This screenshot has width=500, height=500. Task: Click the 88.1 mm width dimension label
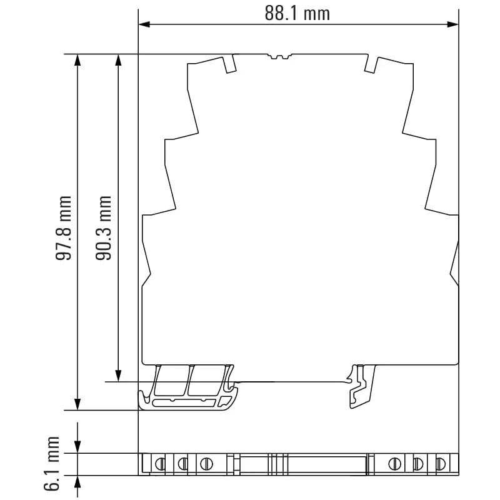[297, 13]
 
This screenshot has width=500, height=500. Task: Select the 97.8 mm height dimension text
[62, 227]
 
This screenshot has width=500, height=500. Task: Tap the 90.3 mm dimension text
[104, 227]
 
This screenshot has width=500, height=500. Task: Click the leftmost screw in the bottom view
[159, 464]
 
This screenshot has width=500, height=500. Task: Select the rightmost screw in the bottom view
[441, 464]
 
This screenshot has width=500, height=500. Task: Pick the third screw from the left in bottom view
[204, 464]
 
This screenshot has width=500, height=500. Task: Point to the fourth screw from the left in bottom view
[394, 464]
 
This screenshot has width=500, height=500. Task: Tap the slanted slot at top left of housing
[230, 64]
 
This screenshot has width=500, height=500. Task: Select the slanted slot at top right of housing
[371, 64]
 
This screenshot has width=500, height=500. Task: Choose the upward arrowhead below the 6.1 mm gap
[77, 482]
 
